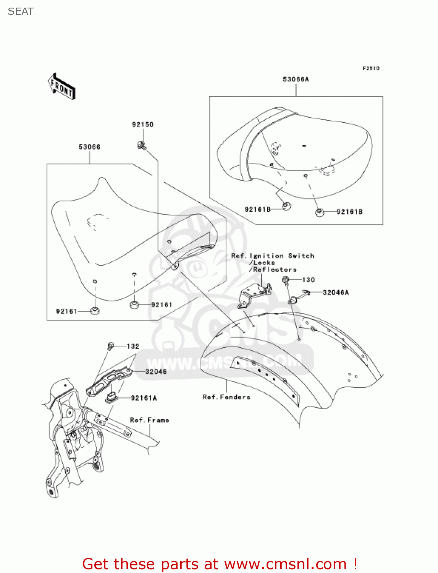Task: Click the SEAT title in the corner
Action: point(21,11)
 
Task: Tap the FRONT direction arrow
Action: point(61,87)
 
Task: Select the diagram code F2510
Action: point(371,68)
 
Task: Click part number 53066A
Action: point(296,79)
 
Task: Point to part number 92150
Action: point(143,125)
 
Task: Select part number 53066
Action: point(89,147)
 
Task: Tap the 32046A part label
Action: point(336,293)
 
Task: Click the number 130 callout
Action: point(308,280)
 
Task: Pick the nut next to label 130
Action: point(285,280)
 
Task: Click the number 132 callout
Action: point(133,346)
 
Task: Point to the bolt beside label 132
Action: point(111,346)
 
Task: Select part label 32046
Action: point(156,371)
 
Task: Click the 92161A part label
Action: point(144,398)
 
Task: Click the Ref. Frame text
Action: point(149,420)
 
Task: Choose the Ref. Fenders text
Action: point(226,397)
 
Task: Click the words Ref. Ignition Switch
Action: point(273,256)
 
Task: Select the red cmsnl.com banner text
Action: point(220,564)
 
